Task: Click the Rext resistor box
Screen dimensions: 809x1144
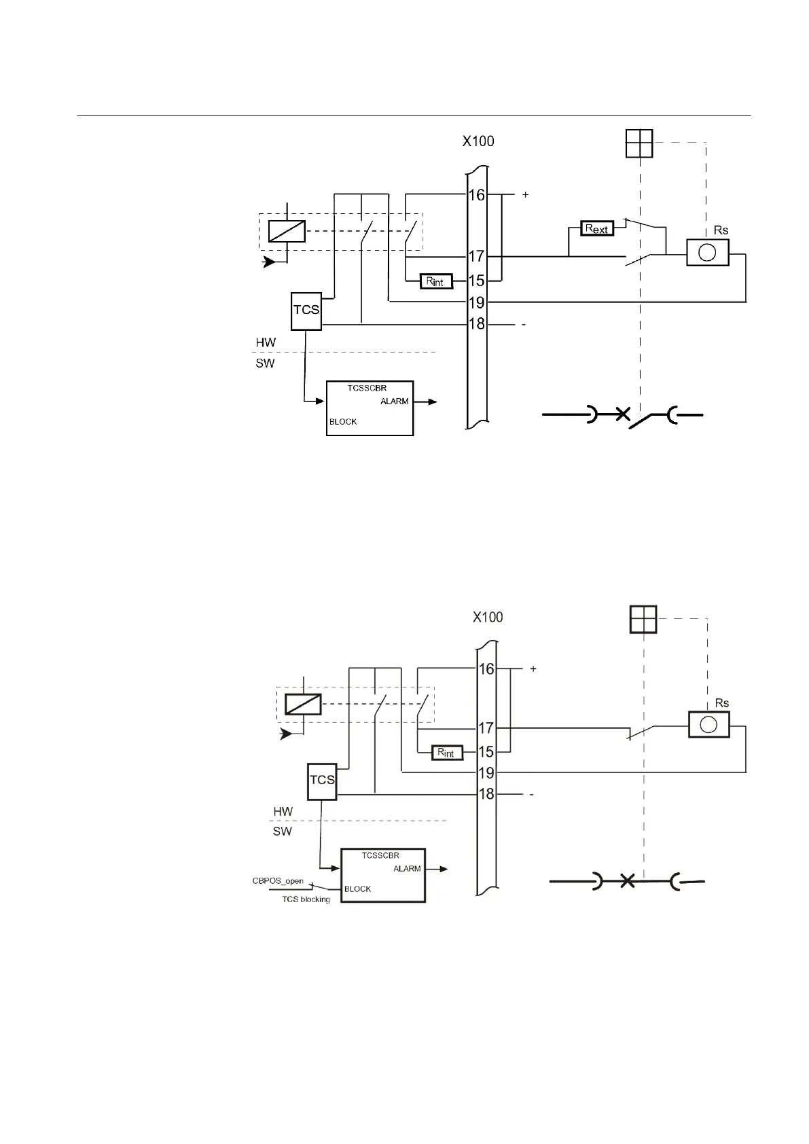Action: click(597, 229)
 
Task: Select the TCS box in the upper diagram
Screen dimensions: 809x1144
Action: click(306, 310)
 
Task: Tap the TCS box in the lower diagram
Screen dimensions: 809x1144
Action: click(322, 781)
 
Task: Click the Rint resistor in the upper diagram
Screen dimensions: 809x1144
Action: click(435, 281)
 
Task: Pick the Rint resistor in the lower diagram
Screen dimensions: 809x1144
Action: click(447, 753)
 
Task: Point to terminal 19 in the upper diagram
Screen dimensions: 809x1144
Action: click(477, 302)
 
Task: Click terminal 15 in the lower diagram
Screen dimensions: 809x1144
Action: click(486, 752)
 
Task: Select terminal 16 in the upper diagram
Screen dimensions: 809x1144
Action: click(477, 196)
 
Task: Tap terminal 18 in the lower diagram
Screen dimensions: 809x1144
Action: click(486, 793)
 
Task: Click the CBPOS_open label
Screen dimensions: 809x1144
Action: click(278, 881)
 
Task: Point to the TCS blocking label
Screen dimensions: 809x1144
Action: click(306, 899)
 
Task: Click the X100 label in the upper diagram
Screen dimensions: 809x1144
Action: click(478, 142)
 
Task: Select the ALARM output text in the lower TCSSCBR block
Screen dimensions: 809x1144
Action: click(407, 869)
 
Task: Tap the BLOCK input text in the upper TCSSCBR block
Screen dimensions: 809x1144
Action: click(343, 422)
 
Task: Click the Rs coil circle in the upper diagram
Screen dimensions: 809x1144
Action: click(707, 253)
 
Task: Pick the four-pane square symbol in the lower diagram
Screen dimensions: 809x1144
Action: click(643, 619)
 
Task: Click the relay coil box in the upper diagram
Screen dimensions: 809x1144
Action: click(286, 232)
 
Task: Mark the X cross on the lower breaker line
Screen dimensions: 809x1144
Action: click(628, 882)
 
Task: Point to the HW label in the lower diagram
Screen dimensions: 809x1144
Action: click(283, 812)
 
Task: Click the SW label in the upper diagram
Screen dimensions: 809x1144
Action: click(265, 363)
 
